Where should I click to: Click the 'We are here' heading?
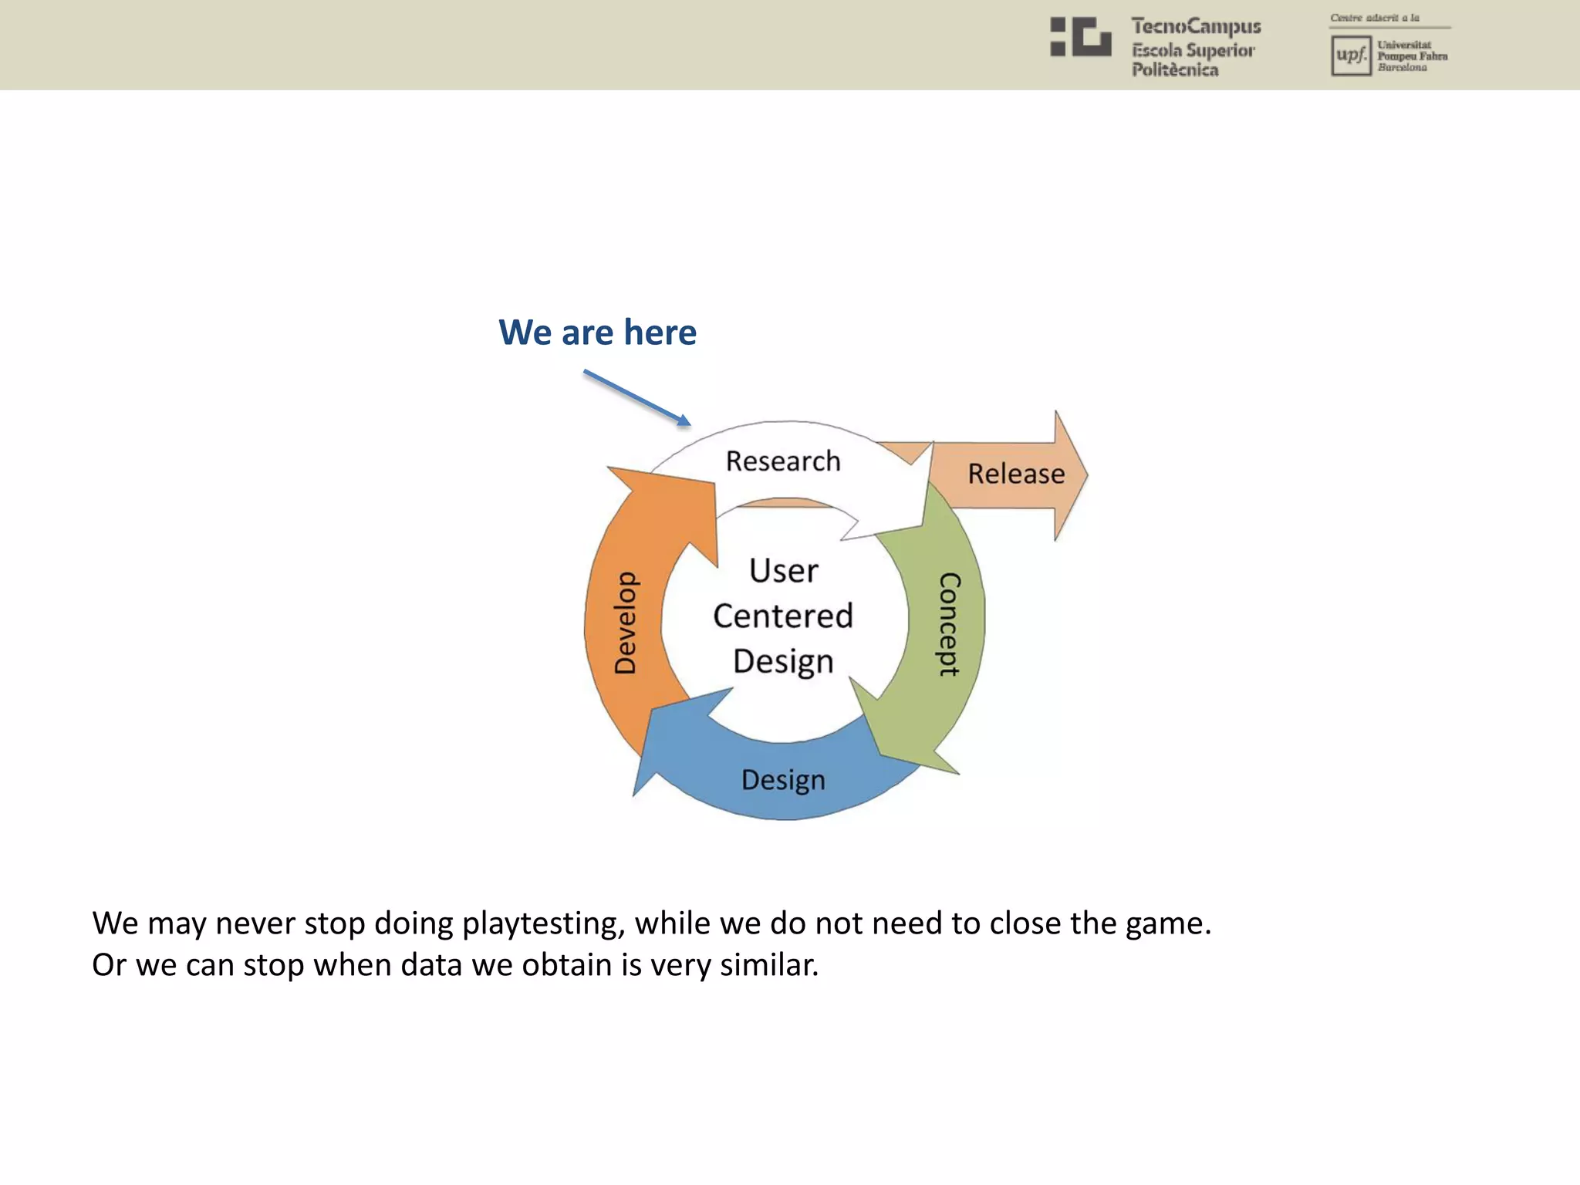click(597, 333)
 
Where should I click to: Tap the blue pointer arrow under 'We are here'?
click(636, 398)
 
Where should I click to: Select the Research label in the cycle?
click(783, 461)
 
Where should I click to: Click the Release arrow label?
click(1016, 474)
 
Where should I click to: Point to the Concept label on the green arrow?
click(949, 624)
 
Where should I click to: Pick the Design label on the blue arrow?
click(783, 780)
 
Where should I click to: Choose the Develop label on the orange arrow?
click(626, 623)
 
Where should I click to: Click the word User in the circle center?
click(783, 571)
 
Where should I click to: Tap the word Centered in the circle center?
click(783, 616)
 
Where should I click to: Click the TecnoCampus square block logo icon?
click(1080, 37)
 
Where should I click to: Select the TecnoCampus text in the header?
click(1196, 27)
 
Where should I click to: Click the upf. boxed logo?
click(1351, 56)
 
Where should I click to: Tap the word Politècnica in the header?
click(1175, 70)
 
